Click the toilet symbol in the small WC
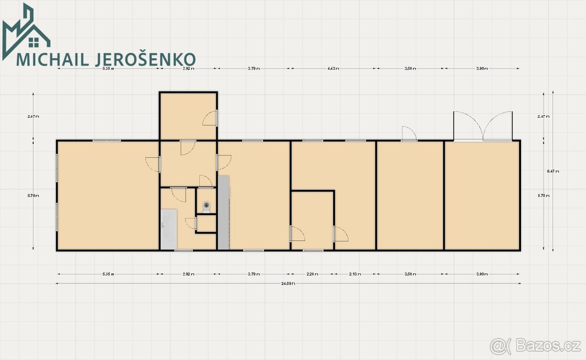click(x=207, y=207)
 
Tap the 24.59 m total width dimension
click(x=288, y=283)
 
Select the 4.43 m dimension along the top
click(x=334, y=69)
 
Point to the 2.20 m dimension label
click(x=313, y=275)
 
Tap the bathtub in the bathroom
click(x=168, y=228)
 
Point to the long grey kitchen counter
click(x=223, y=212)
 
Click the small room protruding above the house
click(x=188, y=116)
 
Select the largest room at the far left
click(x=107, y=195)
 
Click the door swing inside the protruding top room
click(x=210, y=118)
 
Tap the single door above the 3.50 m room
click(x=408, y=134)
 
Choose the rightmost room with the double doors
click(x=482, y=195)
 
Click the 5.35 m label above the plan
click(x=108, y=69)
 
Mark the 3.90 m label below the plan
click(x=482, y=275)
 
